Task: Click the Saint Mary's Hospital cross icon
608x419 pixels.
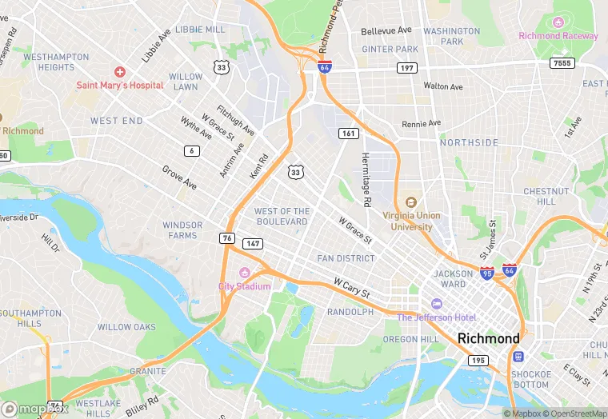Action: click(119, 72)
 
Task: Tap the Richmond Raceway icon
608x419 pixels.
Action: click(558, 22)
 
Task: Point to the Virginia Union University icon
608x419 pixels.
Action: click(411, 202)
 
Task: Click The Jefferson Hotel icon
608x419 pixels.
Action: click(436, 304)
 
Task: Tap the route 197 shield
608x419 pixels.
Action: click(406, 68)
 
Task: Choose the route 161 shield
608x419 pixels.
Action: click(348, 133)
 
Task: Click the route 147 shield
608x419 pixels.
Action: click(253, 243)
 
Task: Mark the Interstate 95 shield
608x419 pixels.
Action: click(487, 273)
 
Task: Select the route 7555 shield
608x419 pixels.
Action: click(563, 62)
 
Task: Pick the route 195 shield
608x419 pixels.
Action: click(478, 361)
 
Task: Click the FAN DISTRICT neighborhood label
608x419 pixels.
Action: click(346, 258)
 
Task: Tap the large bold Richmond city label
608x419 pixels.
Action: click(488, 338)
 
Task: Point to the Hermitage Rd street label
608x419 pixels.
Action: click(366, 181)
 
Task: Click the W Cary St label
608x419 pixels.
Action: click(351, 288)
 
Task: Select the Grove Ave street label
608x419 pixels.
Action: click(179, 178)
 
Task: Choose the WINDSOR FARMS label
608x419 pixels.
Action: click(182, 230)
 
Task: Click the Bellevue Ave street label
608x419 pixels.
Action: click(386, 30)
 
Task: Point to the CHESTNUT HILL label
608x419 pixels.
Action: click(546, 197)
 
